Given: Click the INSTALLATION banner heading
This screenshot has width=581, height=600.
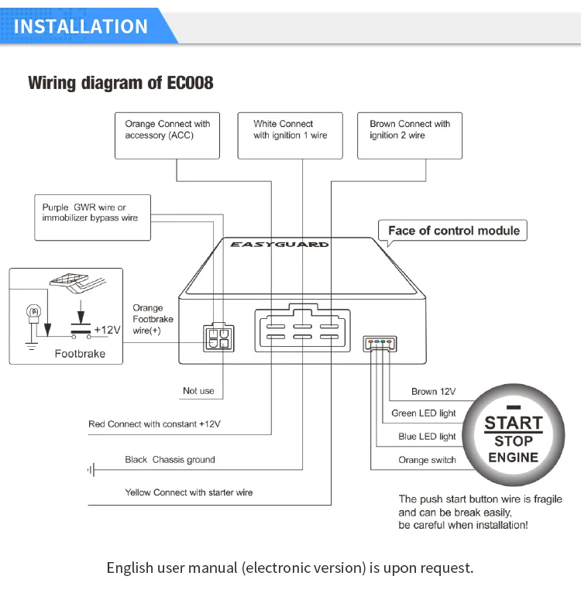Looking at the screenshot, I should click(81, 26).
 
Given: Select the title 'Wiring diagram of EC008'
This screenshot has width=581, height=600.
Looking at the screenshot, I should click(121, 83).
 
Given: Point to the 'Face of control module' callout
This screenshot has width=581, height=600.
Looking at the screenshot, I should click(454, 231).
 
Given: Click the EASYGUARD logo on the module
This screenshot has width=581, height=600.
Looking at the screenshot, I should click(279, 244).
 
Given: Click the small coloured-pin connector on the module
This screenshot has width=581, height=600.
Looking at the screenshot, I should click(380, 341).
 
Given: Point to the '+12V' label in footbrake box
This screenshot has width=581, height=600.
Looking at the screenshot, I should click(107, 330).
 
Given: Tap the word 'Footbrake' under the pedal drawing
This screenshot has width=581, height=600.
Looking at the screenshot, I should click(79, 354).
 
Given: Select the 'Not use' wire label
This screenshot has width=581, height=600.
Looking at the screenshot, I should click(198, 391).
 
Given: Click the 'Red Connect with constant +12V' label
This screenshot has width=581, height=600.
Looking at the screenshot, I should click(154, 424).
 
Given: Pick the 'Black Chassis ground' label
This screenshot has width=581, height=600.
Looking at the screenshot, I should click(170, 460).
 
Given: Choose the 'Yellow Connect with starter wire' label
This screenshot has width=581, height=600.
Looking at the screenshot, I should click(189, 492).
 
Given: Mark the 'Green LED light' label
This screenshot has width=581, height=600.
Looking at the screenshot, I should click(424, 413).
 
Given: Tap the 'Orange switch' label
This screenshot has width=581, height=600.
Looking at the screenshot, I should click(427, 460).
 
